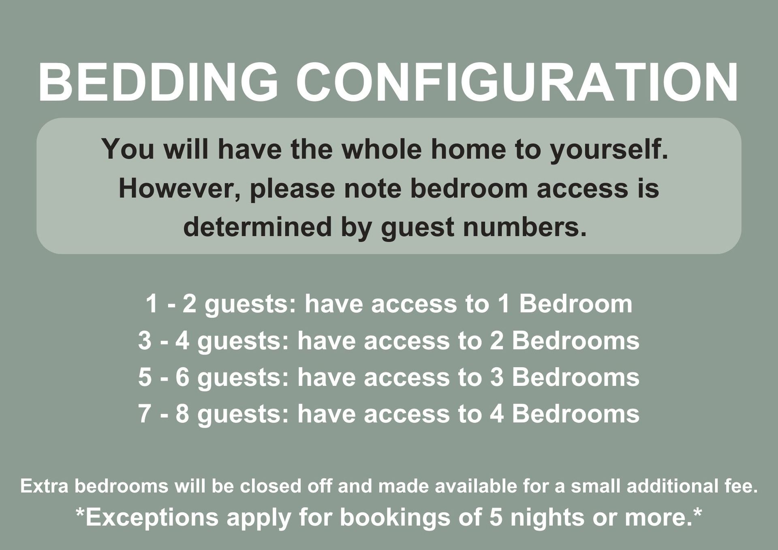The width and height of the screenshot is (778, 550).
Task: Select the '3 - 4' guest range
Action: [164, 340]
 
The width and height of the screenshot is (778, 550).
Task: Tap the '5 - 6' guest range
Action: [164, 377]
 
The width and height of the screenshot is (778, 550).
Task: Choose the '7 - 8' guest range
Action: [164, 414]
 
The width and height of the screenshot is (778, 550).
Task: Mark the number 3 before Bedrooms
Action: [497, 377]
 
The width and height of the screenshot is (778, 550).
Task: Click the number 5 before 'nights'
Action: [496, 518]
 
